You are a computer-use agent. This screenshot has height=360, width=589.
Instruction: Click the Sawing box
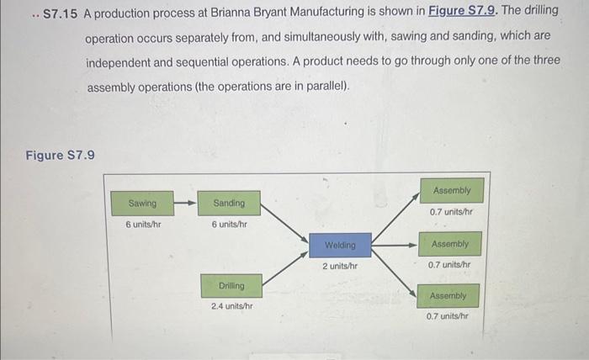coord(142,204)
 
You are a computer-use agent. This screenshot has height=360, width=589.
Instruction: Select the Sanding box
coord(229,204)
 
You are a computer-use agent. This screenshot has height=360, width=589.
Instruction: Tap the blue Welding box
coord(340,246)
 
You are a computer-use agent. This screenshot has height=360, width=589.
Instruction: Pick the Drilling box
coord(231,286)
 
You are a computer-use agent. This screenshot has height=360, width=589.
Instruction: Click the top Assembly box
coord(452,191)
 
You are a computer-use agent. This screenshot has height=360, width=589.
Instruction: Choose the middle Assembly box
coord(449,245)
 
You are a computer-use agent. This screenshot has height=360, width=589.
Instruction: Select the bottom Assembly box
coord(448,296)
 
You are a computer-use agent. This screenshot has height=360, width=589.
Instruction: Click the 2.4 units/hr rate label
coord(231,307)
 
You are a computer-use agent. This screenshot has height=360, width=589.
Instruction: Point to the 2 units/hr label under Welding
coord(340,266)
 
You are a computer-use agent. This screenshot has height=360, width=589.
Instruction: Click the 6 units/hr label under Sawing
coord(143,225)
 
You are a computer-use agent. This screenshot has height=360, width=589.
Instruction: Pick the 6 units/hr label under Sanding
coord(229,225)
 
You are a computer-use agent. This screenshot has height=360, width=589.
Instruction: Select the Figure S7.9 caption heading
coord(61,156)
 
